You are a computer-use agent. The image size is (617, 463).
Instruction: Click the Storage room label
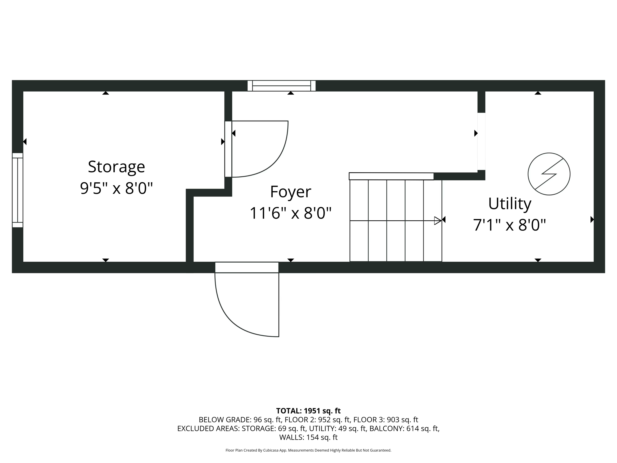tap(116, 167)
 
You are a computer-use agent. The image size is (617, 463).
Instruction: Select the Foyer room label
tap(290, 192)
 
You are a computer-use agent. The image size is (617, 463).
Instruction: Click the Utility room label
tap(510, 204)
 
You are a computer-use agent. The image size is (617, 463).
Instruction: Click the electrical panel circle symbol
tap(549, 174)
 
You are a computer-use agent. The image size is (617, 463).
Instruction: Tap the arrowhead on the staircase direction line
tap(438, 221)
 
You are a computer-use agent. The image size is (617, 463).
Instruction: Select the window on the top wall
tap(281, 86)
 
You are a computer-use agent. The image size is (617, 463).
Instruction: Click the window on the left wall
tap(17, 190)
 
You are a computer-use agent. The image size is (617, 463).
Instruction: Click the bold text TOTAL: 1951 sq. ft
tap(308, 411)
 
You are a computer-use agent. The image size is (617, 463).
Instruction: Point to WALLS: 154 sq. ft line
tap(308, 437)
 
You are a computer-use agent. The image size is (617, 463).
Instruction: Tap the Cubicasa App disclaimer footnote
tap(308, 450)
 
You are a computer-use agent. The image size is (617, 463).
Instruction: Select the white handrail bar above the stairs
tap(391, 176)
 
